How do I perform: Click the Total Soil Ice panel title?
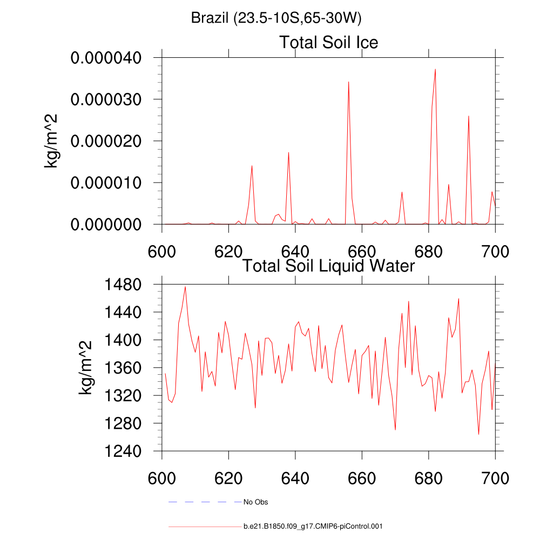(328, 42)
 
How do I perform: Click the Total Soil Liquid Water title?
(328, 266)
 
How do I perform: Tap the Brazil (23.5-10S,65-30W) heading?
(276, 18)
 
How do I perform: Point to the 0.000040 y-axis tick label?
(106, 58)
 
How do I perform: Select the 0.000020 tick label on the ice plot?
(106, 141)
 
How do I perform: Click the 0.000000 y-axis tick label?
(106, 224)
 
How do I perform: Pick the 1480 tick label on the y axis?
(125, 284)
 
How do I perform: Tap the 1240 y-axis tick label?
(125, 451)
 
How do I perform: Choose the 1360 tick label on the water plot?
(125, 368)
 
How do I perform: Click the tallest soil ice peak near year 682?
(435, 70)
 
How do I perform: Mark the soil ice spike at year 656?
(348, 82)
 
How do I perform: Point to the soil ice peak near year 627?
(252, 166)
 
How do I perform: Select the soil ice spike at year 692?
(468, 117)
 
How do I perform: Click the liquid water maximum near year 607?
(185, 287)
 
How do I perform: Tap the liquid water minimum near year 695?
(478, 434)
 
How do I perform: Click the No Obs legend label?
(255, 502)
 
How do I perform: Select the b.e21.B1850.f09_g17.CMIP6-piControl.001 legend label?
(313, 526)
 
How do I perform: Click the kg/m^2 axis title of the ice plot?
(52, 141)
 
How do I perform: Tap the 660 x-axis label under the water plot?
(362, 478)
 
